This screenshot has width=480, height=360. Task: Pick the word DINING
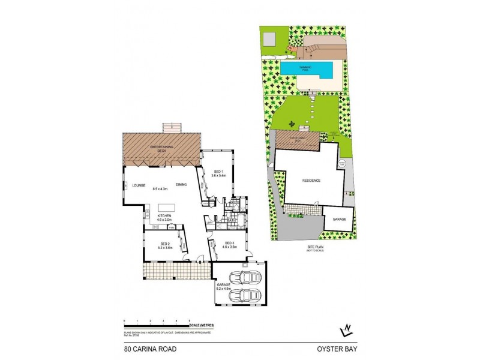point(182,185)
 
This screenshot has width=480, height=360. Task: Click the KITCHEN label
point(165,216)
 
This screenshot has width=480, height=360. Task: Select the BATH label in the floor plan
point(230,221)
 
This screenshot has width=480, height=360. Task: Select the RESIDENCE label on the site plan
point(311,180)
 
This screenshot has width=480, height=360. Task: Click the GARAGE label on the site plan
point(340,220)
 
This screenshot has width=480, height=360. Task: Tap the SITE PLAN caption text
point(311,247)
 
